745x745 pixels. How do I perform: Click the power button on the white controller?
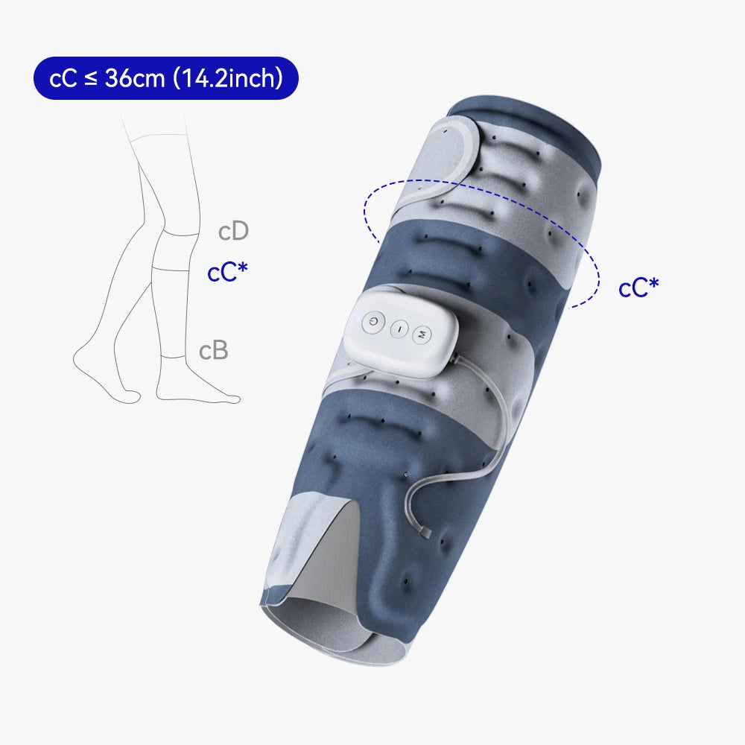[x=373, y=322]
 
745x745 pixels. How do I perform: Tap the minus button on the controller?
[x=399, y=329]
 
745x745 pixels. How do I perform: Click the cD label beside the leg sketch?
[x=233, y=231]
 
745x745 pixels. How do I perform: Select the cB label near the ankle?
[x=213, y=351]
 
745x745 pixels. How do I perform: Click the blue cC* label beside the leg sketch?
[x=227, y=272]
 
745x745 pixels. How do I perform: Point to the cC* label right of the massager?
[x=638, y=288]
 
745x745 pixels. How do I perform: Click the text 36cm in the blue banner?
[x=134, y=78]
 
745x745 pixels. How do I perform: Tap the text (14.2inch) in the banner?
[x=227, y=78]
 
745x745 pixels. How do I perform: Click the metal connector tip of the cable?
[x=425, y=533]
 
